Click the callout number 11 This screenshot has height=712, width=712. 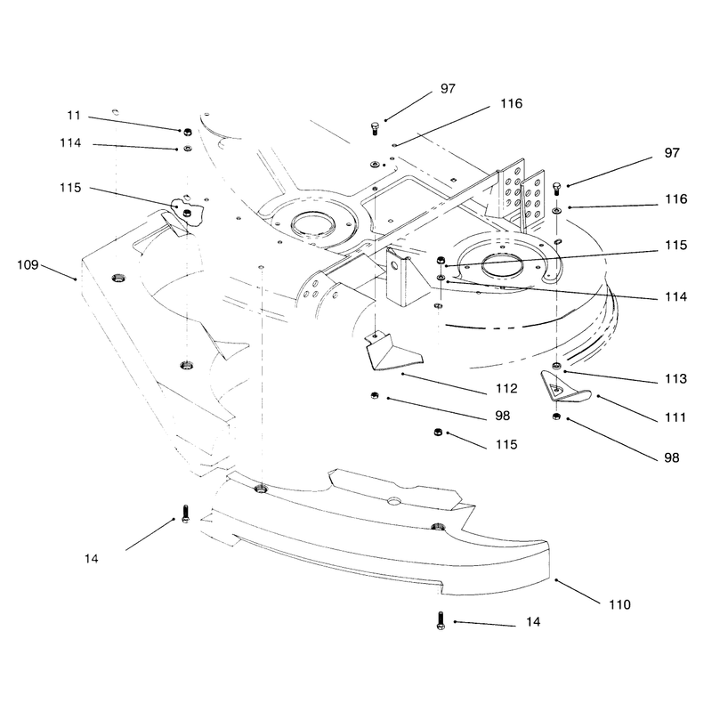(74, 116)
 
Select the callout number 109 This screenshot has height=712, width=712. (28, 264)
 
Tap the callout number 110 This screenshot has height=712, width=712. (619, 604)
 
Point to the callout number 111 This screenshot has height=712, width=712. (676, 417)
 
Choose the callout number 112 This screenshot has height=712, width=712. (506, 388)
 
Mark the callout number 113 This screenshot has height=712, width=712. (676, 378)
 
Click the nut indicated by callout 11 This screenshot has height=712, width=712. (187, 132)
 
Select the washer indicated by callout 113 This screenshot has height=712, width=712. (556, 366)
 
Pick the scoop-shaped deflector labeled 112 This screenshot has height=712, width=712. (392, 352)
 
